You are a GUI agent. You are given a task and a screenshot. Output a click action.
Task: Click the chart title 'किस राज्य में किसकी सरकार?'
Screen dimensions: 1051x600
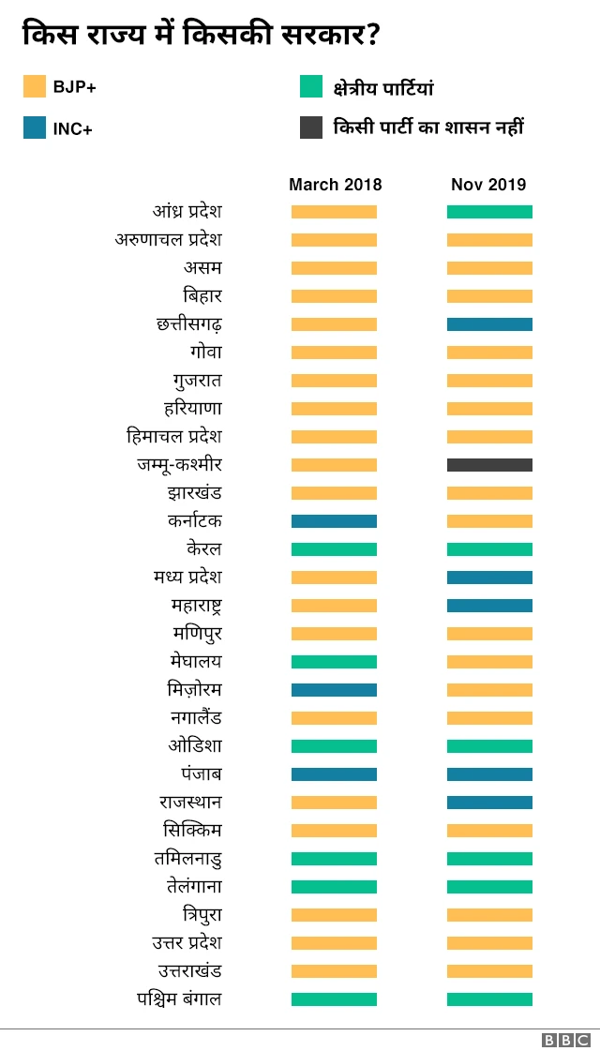click(x=201, y=35)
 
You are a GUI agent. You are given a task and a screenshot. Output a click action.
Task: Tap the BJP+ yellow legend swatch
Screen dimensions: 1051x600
click(x=35, y=87)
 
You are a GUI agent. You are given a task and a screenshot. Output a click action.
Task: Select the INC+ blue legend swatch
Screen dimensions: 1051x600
click(x=35, y=128)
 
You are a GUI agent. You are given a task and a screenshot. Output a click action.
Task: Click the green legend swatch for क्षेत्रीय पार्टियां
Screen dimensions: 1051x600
click(x=311, y=87)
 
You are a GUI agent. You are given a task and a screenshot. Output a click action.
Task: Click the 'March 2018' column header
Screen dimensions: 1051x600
click(x=335, y=185)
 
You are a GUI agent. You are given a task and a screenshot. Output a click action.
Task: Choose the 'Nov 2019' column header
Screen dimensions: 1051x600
click(x=488, y=185)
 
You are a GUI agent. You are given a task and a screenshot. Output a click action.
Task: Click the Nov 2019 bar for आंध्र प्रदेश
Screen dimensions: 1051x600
click(x=489, y=212)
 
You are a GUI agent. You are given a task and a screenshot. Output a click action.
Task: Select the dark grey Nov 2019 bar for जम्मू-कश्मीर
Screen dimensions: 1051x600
click(x=489, y=465)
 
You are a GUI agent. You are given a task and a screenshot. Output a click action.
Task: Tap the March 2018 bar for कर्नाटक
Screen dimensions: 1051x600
click(x=334, y=521)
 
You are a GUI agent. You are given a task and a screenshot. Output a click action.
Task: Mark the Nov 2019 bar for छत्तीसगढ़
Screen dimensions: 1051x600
click(x=489, y=324)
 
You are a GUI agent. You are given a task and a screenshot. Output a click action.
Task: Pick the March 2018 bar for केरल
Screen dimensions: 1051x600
click(x=334, y=549)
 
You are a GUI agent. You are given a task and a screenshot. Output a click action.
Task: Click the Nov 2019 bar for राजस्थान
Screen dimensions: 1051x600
click(x=489, y=803)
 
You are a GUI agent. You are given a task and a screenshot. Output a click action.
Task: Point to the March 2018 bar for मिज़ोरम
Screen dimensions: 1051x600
click(x=334, y=690)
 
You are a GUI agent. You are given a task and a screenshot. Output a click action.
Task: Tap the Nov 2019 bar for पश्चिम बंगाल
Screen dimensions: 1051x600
click(x=489, y=999)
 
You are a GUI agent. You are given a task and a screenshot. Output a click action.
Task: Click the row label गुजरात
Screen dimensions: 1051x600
click(x=197, y=381)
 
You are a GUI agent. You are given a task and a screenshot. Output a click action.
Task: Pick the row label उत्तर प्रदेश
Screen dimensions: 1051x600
click(x=187, y=943)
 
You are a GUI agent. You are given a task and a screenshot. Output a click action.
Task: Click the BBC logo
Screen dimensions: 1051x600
click(x=566, y=1040)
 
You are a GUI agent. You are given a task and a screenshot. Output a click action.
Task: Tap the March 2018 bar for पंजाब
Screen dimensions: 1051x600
click(x=334, y=774)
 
